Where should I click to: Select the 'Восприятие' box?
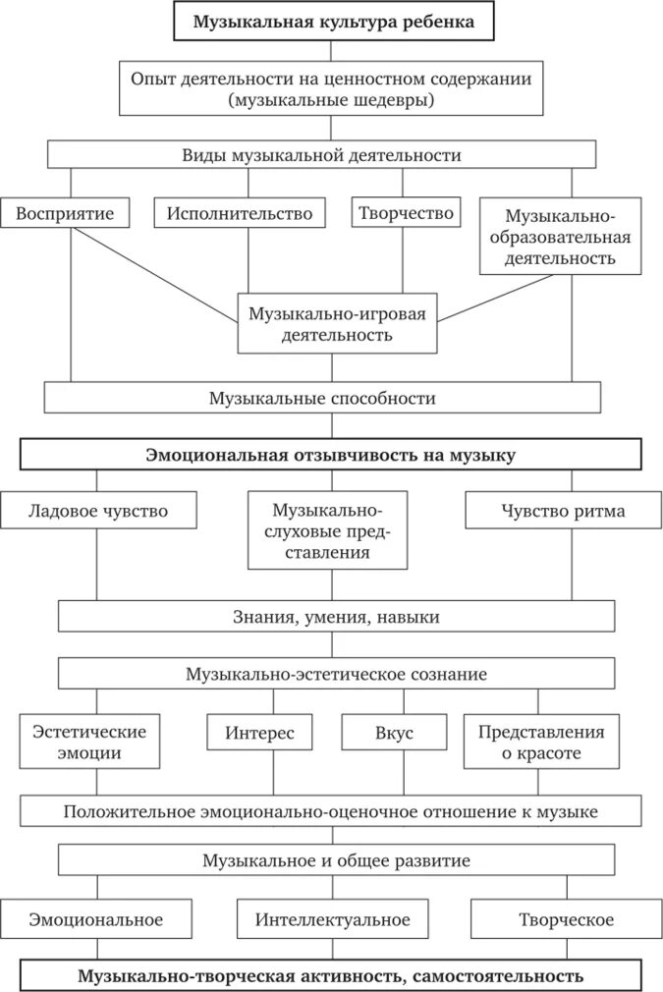[65, 213]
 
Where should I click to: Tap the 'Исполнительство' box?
[239, 213]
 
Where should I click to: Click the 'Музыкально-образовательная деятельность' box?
[560, 237]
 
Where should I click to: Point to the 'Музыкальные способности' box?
[322, 398]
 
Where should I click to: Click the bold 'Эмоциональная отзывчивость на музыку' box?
[331, 455]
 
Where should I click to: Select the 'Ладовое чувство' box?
[97, 511]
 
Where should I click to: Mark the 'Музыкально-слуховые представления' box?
[327, 531]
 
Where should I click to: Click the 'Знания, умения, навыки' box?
[336, 617]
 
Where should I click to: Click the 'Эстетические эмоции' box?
[89, 743]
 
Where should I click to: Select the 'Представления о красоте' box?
[541, 743]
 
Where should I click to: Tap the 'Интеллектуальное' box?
[332, 919]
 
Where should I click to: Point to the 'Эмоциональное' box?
[95, 919]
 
